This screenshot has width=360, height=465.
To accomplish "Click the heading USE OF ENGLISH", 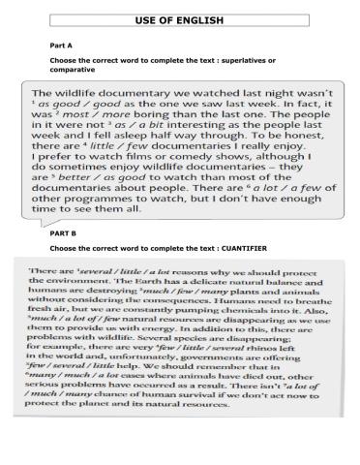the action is pyautogui.click(x=179, y=19).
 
